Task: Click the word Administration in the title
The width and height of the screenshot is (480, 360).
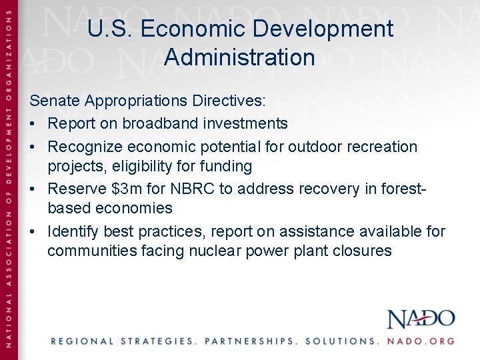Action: [239, 57]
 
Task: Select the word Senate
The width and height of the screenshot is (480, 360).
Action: [54, 101]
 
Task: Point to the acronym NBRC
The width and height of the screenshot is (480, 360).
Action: [193, 189]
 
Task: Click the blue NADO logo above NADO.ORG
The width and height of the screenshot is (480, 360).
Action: [421, 319]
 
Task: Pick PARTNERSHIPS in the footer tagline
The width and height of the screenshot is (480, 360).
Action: [250, 341]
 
